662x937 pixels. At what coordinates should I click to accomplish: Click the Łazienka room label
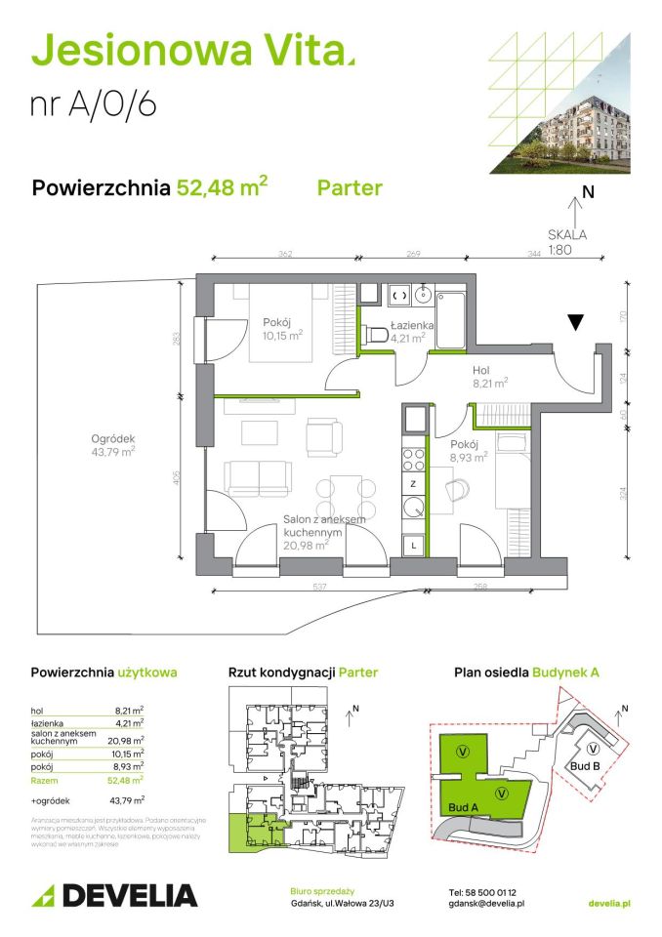pyautogui.click(x=405, y=326)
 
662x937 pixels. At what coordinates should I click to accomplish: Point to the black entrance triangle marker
pyautogui.click(x=577, y=322)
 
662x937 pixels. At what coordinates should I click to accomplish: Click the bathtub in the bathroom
pyautogui.click(x=454, y=318)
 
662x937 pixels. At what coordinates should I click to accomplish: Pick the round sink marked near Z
pyautogui.click(x=414, y=507)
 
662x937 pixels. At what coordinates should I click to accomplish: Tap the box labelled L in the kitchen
pyautogui.click(x=414, y=546)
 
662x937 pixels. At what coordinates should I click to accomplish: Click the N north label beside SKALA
pyautogui.click(x=588, y=192)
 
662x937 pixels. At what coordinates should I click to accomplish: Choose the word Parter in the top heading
pyautogui.click(x=350, y=187)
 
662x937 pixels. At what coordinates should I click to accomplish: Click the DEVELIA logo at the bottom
pyautogui.click(x=114, y=895)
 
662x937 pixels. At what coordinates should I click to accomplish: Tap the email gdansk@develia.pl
pyautogui.click(x=487, y=905)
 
